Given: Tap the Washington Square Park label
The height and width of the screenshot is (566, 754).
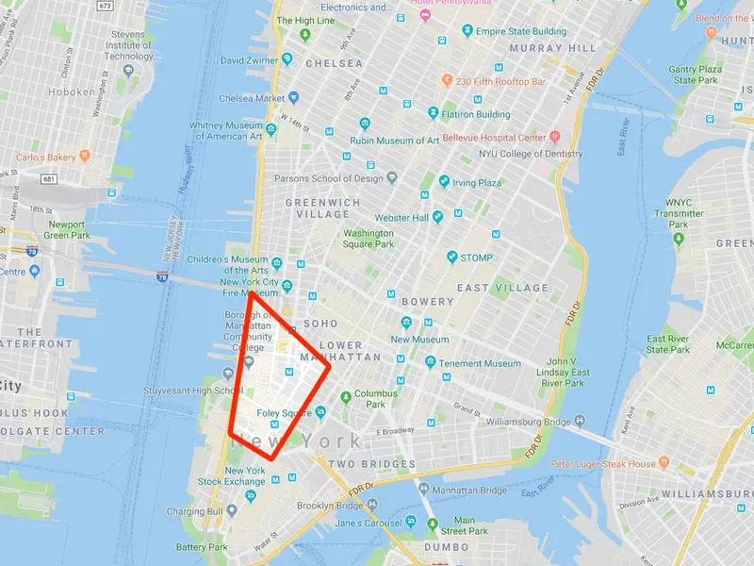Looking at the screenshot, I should click(x=368, y=239).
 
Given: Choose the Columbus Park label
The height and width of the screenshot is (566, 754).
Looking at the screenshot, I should click(x=375, y=398).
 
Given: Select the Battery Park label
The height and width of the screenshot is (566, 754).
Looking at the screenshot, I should click(x=202, y=547).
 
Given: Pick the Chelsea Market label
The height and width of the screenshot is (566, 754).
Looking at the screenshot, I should click(x=252, y=98).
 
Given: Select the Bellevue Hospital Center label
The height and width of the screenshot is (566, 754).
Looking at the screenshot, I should click(x=500, y=138).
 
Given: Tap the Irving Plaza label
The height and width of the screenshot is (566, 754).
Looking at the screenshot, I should click(x=476, y=183).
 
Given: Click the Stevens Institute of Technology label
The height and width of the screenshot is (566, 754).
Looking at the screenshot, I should click(x=129, y=44).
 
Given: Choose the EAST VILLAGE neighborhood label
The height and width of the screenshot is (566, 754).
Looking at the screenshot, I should click(x=502, y=288).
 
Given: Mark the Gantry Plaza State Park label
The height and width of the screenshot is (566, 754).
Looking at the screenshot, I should click(x=697, y=75).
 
